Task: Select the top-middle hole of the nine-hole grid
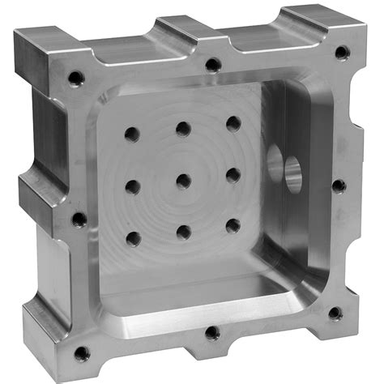pyautogui.click(x=183, y=128)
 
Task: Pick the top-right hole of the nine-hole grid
pyautogui.click(x=233, y=123)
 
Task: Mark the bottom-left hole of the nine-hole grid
pyautogui.click(x=134, y=239)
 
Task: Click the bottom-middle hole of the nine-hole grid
pyautogui.click(x=184, y=233)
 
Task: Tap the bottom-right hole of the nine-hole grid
pyautogui.click(x=233, y=225)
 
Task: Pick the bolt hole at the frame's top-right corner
pyautogui.click(x=342, y=53)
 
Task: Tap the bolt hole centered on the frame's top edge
pyautogui.click(x=212, y=64)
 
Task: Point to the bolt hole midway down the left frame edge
pyautogui.click(x=79, y=219)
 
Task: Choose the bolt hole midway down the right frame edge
pyautogui.click(x=339, y=186)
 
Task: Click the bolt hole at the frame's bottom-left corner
pyautogui.click(x=82, y=353)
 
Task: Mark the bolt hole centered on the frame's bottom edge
pyautogui.click(x=212, y=332)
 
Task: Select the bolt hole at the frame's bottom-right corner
pyautogui.click(x=335, y=314)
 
